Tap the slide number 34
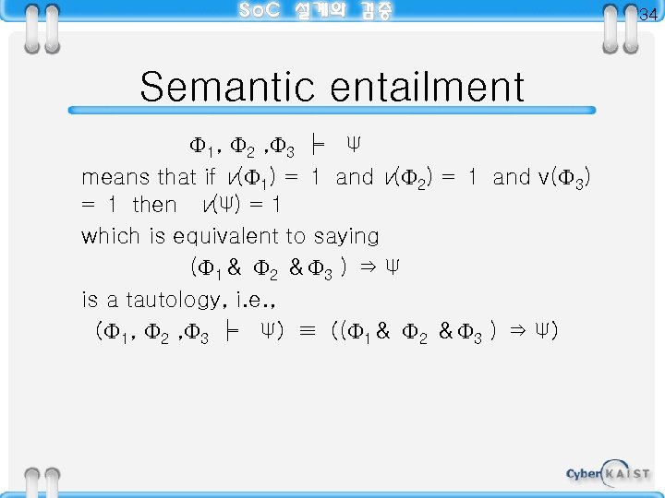(x=647, y=15)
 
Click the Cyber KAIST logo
(x=608, y=473)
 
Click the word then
(x=154, y=204)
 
